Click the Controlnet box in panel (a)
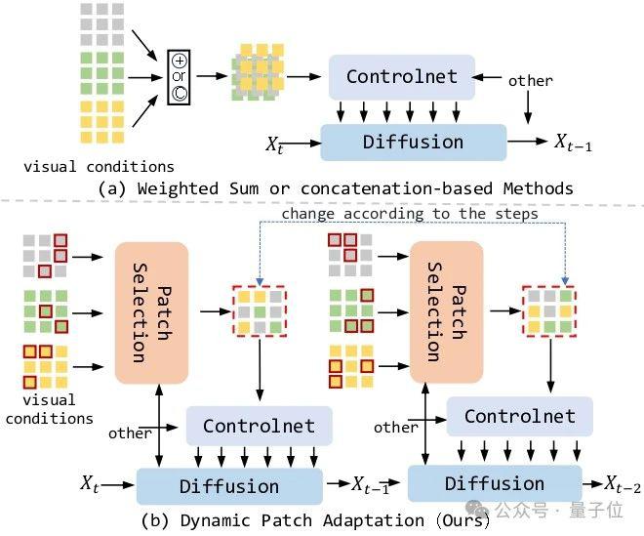402,77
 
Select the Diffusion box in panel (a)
413,143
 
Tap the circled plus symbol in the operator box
180,61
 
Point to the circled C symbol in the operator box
180,94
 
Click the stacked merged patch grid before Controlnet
258,72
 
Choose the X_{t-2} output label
623,484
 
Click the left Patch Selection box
151,313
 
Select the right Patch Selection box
447,312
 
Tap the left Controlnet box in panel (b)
260,426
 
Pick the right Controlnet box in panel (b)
519,416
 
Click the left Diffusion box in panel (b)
229,486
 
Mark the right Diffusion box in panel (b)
495,483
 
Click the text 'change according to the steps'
410,214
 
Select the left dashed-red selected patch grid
260,311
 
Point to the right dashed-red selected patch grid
549,311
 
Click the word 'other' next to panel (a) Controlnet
530,81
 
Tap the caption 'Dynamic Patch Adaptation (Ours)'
336,520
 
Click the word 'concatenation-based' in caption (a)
396,188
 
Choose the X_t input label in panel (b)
90,483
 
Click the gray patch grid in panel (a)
101,24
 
